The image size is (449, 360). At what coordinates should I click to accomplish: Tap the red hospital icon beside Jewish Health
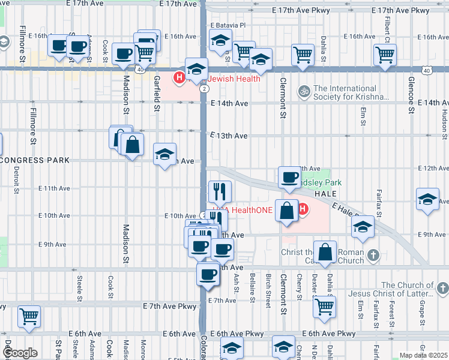coord(179,77)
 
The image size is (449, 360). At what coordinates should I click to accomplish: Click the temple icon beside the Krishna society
coord(304,91)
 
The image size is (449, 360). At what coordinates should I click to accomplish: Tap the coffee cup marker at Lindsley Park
coord(290,178)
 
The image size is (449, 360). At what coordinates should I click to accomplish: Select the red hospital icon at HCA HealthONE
coord(303,210)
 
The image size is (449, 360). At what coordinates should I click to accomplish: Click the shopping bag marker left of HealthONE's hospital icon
coord(288,211)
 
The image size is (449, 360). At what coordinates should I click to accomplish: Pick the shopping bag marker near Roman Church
coord(325,253)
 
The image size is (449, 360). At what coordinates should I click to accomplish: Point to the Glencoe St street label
coord(411,95)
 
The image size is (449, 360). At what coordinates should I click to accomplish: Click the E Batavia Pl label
coord(229,25)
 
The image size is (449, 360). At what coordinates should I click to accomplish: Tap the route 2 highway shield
coord(205,89)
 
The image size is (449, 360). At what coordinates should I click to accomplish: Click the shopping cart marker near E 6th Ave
coord(29,316)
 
